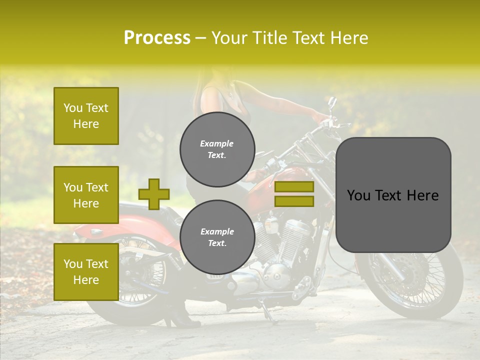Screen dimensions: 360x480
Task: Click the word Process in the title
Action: [x=157, y=38]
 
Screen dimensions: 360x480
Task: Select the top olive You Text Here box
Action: [x=86, y=116]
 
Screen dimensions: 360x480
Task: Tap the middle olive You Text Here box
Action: [x=86, y=195]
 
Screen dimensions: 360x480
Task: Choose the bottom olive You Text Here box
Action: [x=86, y=272]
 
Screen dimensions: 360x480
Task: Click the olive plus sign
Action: [x=154, y=194]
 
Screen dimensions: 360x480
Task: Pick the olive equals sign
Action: [x=294, y=194]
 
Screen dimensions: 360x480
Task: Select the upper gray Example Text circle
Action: [x=217, y=149]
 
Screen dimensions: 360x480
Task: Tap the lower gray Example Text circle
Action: [x=217, y=237]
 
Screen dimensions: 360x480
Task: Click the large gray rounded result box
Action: [x=393, y=194]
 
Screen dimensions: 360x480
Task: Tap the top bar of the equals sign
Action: [x=294, y=187]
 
